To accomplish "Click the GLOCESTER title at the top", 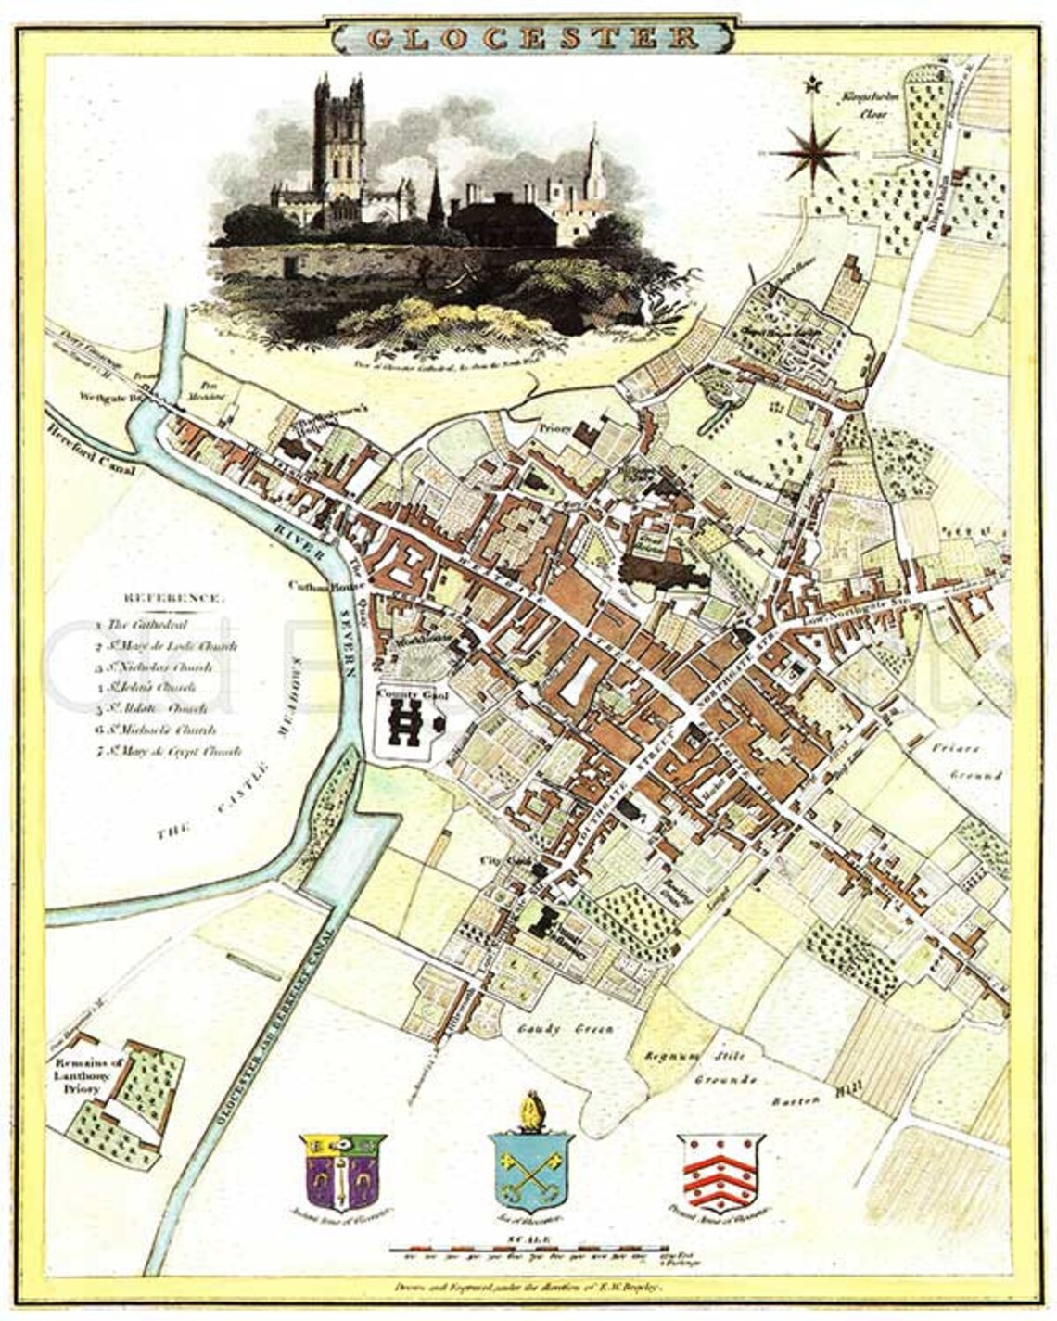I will click(532, 36).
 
